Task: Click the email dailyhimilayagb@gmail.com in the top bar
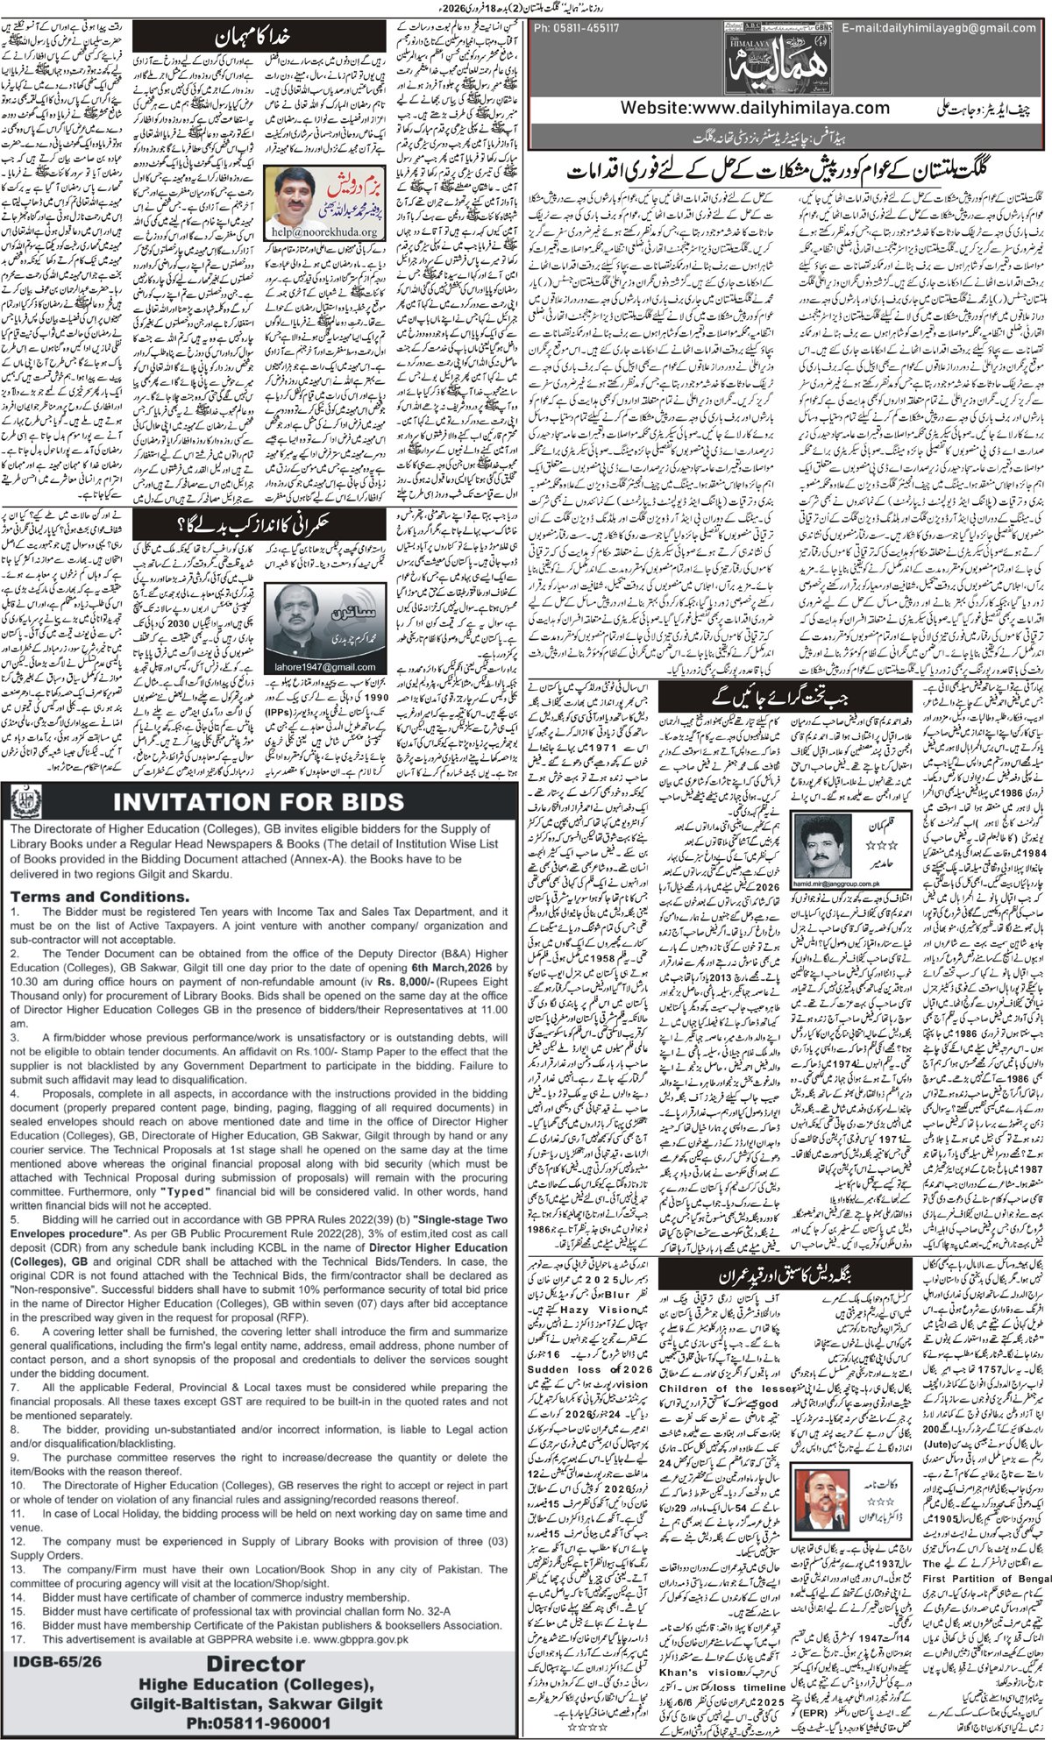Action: click(934, 28)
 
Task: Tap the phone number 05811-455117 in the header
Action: click(578, 28)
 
